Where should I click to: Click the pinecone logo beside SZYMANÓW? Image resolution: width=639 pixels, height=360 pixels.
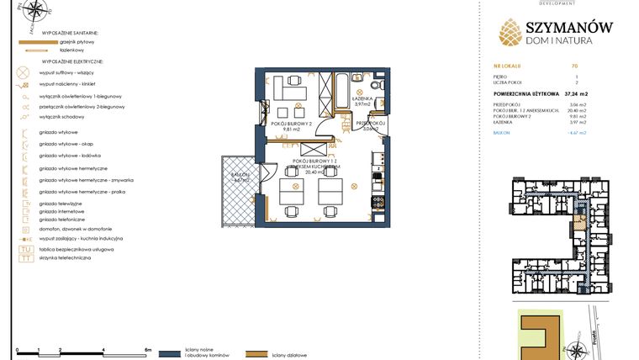(511, 31)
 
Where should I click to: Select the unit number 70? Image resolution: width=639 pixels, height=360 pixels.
(573, 65)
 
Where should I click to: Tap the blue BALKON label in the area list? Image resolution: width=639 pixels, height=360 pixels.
(502, 132)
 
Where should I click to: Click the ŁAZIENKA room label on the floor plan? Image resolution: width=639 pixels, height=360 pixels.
(362, 99)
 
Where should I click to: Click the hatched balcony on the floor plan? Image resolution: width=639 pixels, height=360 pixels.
(238, 188)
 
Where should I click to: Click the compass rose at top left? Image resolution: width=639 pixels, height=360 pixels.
(34, 12)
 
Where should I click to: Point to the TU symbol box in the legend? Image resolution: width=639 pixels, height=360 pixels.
(25, 250)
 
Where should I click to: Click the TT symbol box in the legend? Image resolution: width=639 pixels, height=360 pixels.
(25, 258)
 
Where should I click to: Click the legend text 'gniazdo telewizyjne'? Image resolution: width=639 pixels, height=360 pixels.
(60, 204)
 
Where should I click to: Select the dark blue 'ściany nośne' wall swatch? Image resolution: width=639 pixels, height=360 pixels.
(171, 354)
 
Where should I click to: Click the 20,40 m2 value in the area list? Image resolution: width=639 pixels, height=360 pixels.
(576, 110)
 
